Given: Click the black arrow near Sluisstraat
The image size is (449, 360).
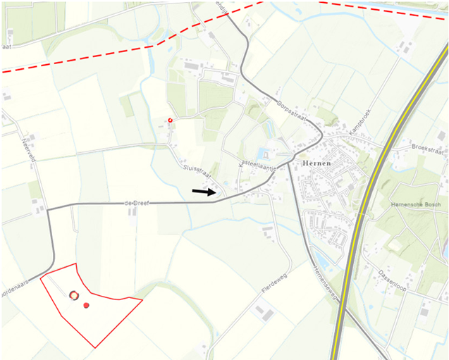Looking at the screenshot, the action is coord(204,191).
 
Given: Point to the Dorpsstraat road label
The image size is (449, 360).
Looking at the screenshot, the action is coord(290,112).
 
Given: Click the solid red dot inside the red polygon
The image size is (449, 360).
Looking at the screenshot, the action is coord(86,305).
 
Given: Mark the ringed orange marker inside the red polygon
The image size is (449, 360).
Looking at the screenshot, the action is coord(73,294).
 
